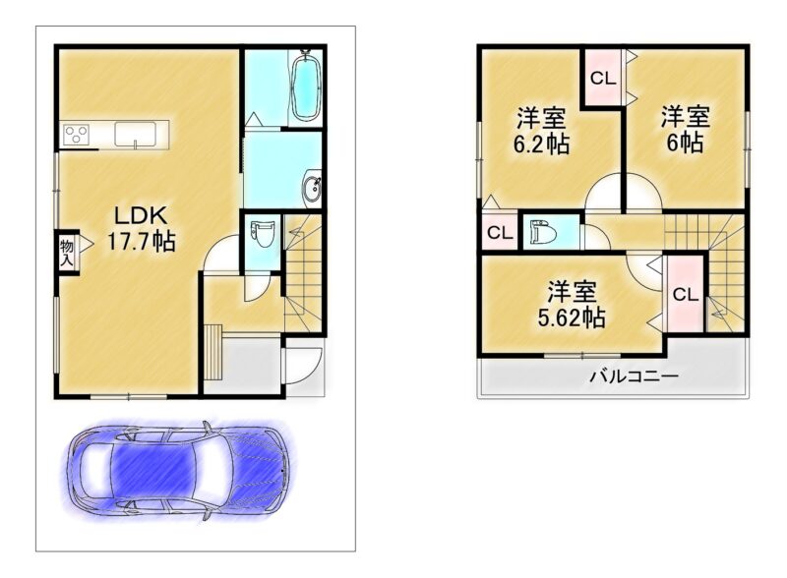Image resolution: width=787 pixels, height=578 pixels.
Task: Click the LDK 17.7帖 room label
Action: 142,228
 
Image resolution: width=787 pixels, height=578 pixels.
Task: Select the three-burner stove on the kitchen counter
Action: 76,134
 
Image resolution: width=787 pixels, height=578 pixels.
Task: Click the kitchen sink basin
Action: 135,134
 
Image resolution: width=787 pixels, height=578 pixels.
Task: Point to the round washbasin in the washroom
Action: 311,188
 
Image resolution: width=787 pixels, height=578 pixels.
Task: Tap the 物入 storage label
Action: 67,253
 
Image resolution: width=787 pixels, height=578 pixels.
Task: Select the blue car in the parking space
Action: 177,470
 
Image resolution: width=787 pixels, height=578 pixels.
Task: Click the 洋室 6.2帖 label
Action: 540,131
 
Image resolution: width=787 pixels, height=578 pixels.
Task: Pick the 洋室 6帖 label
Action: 684,130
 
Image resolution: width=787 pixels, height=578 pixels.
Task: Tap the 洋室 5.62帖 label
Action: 572,305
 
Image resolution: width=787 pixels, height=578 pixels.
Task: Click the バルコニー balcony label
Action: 634,376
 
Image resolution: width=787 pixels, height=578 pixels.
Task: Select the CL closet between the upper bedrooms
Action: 602,79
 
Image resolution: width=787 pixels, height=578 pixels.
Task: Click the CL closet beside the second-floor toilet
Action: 500,233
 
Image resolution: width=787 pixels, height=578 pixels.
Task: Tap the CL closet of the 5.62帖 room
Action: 685,294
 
